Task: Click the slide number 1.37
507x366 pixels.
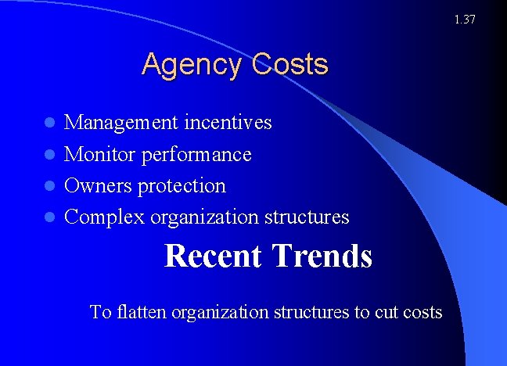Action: point(465,19)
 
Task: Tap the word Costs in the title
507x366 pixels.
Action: point(290,64)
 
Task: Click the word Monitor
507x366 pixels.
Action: point(100,154)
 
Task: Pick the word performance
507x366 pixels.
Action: point(196,155)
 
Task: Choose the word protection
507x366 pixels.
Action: point(182,186)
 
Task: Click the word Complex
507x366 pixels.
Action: point(105,217)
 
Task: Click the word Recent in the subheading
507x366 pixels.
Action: point(214,256)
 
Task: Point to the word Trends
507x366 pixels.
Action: point(322,256)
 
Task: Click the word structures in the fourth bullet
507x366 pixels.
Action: point(308,217)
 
